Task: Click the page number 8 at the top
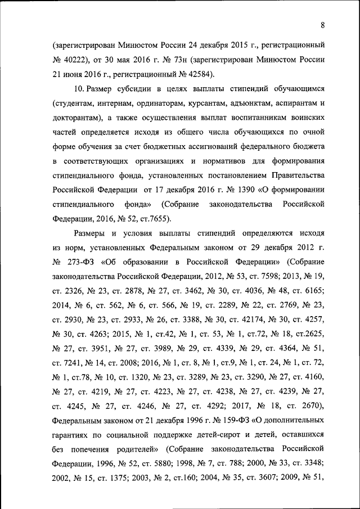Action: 323,24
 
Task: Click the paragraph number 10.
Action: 79,89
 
